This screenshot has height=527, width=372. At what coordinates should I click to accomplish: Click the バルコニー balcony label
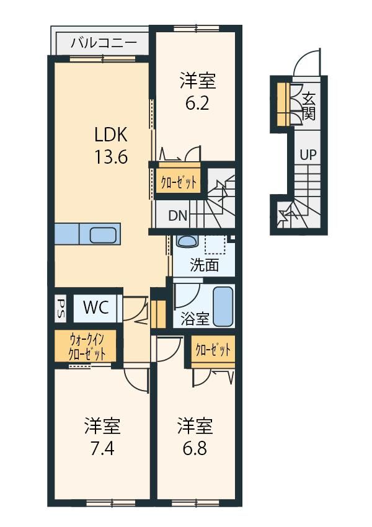tap(104, 43)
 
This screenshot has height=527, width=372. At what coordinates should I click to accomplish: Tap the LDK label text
tap(110, 135)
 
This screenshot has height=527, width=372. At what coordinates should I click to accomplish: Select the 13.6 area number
tap(111, 157)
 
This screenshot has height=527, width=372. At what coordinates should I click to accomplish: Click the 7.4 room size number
tap(102, 448)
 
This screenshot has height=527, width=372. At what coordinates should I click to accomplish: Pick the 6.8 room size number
tap(195, 448)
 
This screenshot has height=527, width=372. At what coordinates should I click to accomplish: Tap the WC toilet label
tap(96, 307)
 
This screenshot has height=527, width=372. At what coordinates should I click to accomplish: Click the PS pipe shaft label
tap(61, 308)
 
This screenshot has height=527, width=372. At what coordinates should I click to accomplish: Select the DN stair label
tap(178, 215)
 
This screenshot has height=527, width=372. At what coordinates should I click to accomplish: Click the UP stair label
tap(308, 155)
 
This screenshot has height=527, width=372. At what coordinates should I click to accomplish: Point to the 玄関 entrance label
tap(309, 106)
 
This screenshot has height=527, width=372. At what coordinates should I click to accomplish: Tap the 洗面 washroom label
tap(205, 265)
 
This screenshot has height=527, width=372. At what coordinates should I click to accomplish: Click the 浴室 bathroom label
tap(195, 319)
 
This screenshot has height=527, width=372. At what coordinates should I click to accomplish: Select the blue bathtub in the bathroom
tap(223, 306)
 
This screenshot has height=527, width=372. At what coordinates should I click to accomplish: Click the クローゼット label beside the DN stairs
tap(178, 183)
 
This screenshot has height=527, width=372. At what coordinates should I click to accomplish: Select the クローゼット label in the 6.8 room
tap(213, 350)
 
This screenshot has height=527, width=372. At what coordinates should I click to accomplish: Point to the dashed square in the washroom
tap(215, 245)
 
